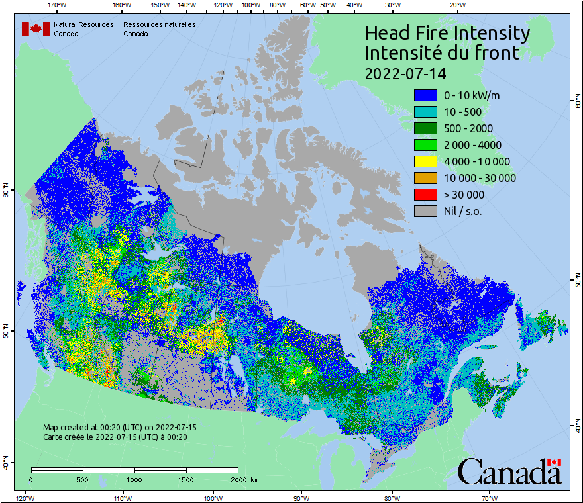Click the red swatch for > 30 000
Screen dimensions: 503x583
click(x=425, y=195)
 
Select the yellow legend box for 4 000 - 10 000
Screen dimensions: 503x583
click(x=425, y=161)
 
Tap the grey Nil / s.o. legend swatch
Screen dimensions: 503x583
click(x=425, y=211)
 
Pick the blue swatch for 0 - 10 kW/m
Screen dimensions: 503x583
click(x=425, y=95)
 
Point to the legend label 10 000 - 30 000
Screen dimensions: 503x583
click(x=480, y=178)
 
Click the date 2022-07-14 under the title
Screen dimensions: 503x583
click(x=405, y=72)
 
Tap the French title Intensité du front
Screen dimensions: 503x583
click(x=443, y=53)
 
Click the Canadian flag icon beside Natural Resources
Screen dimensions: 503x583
click(x=36, y=29)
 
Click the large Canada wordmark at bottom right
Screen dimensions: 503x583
click(x=509, y=472)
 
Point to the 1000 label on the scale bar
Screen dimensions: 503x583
click(x=134, y=479)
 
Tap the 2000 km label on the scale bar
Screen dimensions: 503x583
click(x=244, y=479)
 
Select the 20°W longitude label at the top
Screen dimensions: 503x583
click(x=456, y=5)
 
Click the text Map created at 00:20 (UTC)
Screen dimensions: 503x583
click(x=120, y=428)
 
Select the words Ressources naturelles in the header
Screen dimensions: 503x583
click(x=159, y=24)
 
